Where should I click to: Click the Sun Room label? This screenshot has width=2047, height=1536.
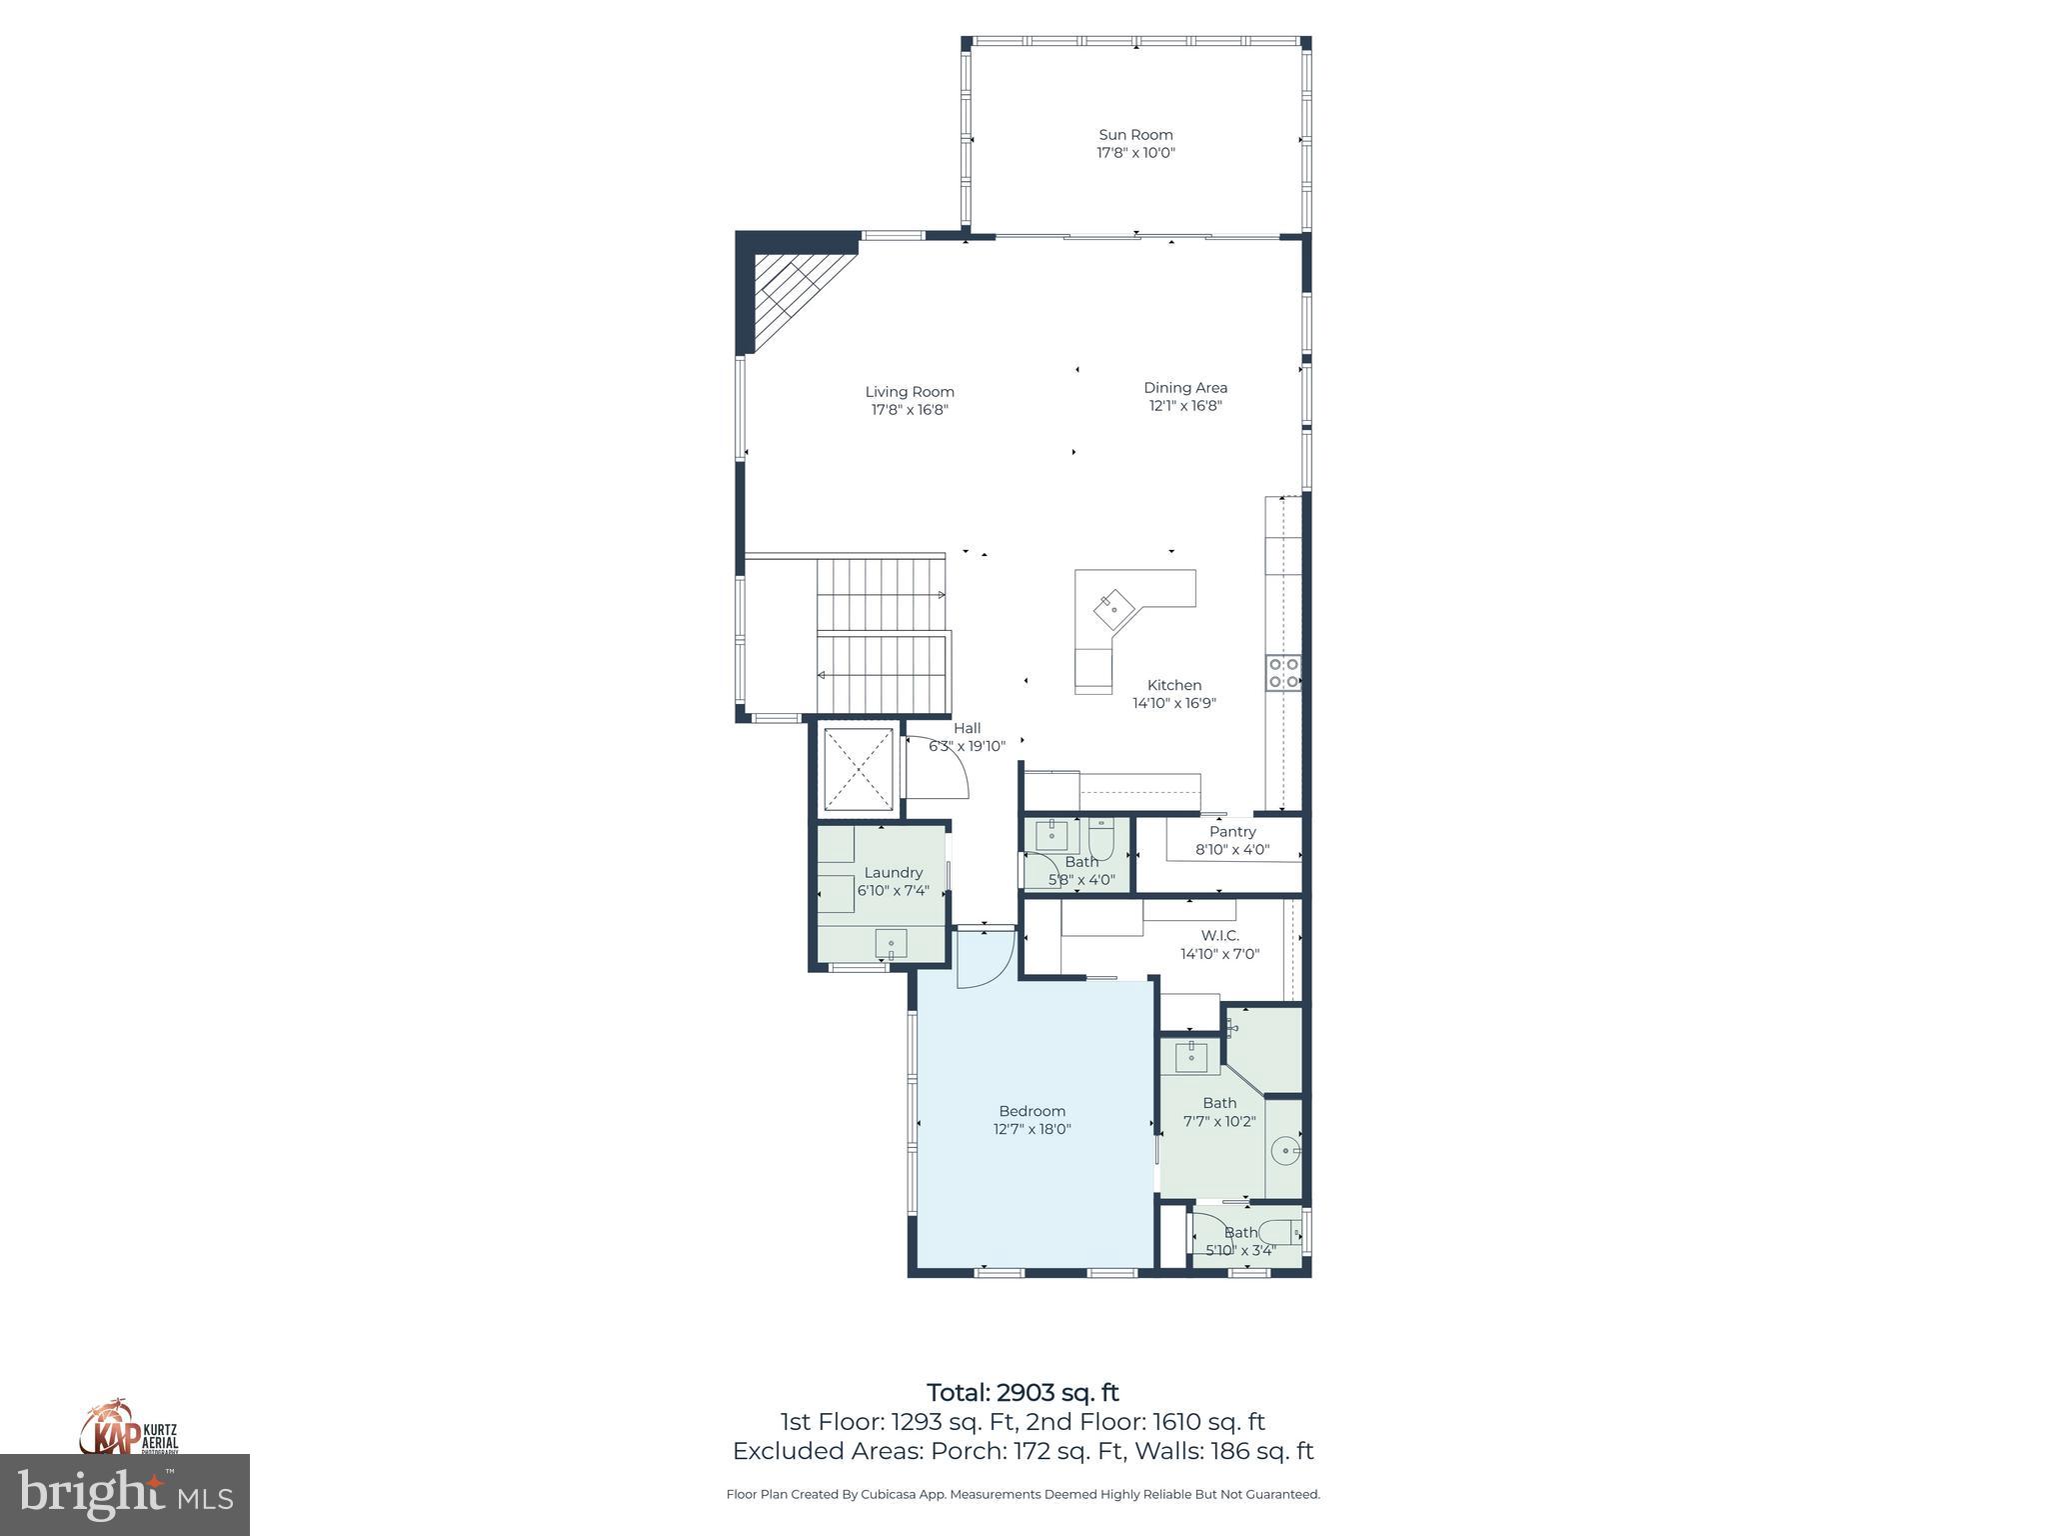(x=1135, y=135)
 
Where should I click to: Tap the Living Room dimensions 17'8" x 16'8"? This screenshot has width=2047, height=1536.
(x=909, y=410)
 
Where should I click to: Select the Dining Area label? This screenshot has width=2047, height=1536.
(x=1185, y=388)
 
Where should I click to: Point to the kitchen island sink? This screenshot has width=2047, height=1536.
(x=1112, y=609)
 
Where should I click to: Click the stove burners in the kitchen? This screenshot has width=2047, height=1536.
(x=1283, y=672)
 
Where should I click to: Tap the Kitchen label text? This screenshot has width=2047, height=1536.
(x=1173, y=685)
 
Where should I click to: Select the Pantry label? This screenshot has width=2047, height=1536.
(x=1232, y=832)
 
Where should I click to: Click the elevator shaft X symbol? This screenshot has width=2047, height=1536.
(x=858, y=768)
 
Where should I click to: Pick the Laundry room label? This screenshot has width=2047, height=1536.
(x=893, y=873)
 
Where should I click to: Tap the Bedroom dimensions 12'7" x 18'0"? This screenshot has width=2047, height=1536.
(x=1031, y=1129)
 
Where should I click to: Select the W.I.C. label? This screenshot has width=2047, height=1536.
(x=1219, y=936)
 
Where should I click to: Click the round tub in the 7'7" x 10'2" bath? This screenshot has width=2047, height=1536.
(x=1286, y=1151)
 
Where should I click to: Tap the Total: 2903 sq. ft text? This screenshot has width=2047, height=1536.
(x=1023, y=1393)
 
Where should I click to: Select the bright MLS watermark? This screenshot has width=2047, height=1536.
(x=125, y=1495)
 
